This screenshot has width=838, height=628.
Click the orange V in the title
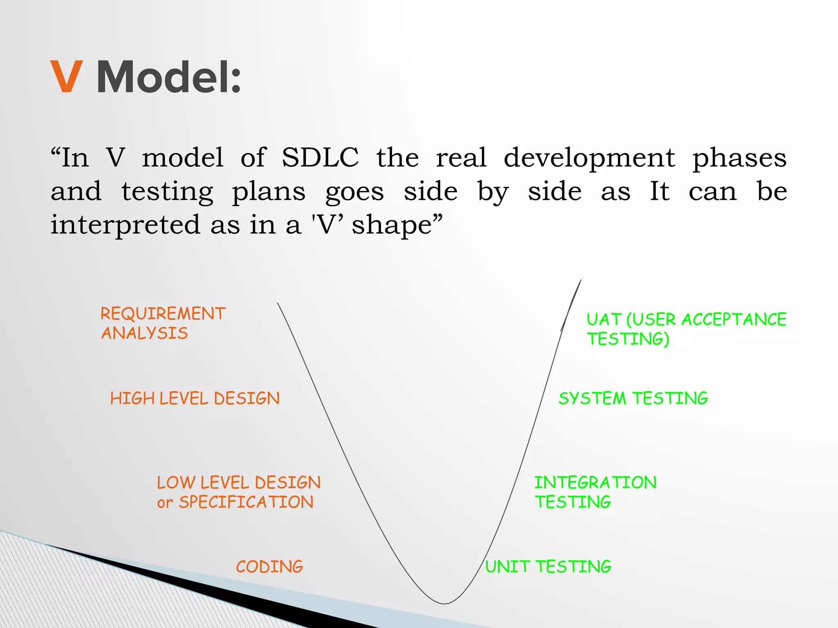pos(67,76)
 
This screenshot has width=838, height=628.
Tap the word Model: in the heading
pos(169,77)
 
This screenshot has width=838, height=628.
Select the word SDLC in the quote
pos(320,157)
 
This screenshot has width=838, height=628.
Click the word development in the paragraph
pos(589,158)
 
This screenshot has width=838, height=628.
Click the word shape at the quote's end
pos(392,225)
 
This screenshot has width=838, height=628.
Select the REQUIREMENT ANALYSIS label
pos(162,323)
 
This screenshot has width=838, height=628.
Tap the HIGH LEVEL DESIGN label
pos(195,398)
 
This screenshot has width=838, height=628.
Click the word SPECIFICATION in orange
pos(246,502)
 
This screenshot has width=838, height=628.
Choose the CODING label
pos(269,567)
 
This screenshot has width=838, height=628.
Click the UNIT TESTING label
pos(548,567)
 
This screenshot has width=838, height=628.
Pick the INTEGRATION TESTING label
pos(595,492)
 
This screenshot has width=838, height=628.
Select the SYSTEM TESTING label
pos(633,398)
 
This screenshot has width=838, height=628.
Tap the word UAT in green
pos(604,320)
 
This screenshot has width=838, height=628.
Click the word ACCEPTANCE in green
pos(734,320)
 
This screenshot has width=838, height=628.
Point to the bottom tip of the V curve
pos(444,603)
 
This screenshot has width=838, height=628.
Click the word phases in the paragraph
pos(739,158)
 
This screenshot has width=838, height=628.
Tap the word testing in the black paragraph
pos(167,192)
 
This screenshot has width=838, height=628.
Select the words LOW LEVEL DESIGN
pos(239,482)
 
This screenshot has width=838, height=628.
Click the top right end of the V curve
pos(581,280)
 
